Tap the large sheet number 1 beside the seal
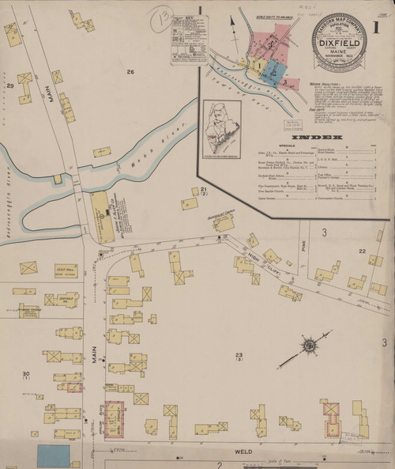(377, 28)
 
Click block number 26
(130, 72)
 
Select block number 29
(10, 85)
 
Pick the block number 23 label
(239, 354)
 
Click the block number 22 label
(362, 251)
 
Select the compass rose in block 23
(310, 344)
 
